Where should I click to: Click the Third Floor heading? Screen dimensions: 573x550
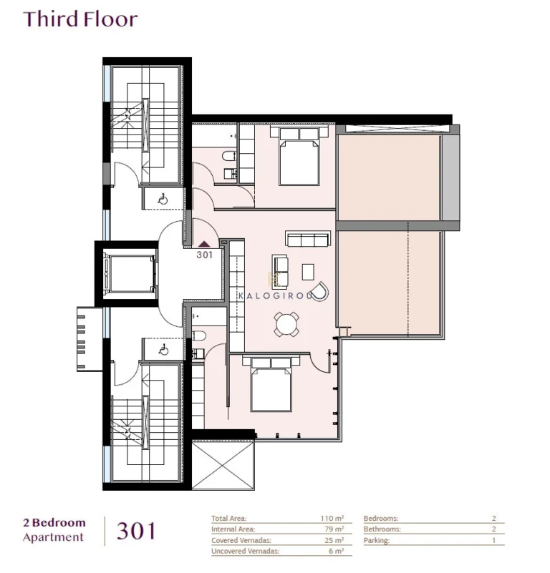coord(80,19)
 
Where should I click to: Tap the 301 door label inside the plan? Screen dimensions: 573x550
coord(204,253)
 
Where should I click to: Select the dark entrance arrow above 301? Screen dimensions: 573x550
coord(204,244)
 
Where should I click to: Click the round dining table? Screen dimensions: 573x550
coord(286,324)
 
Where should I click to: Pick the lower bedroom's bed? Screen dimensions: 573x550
coord(270,384)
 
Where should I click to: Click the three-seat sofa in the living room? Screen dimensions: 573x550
coord(307,238)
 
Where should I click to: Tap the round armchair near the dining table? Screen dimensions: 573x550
coord(320,290)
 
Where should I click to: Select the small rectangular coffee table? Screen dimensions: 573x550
coord(308,272)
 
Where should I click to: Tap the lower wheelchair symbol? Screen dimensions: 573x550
coord(163,350)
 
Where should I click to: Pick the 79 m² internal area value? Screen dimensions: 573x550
coord(334,529)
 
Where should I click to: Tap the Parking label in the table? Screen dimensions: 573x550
coord(377,541)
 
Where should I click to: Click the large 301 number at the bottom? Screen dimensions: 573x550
coord(135,531)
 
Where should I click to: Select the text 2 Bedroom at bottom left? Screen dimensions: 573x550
coord(54,523)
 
